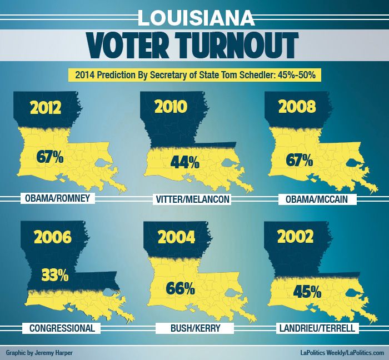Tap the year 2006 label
(52, 238)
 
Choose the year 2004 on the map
(176, 238)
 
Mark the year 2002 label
(298, 238)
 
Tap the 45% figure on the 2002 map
(307, 290)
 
